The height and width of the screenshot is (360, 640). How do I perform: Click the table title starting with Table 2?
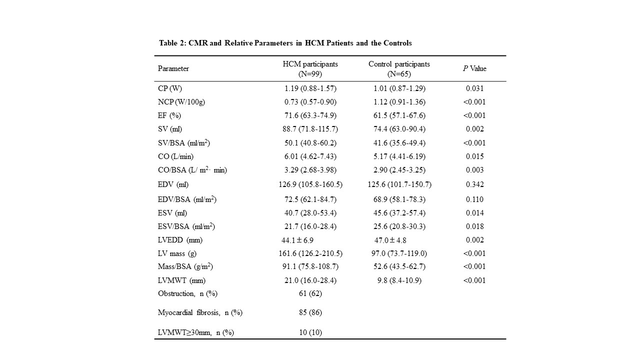tap(285, 43)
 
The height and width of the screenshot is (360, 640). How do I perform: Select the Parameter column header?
tap(173, 68)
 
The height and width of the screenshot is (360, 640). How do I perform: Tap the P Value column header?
tap(474, 68)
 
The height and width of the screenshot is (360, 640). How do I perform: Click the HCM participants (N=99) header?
tap(310, 68)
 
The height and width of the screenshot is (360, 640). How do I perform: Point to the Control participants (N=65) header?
tap(399, 68)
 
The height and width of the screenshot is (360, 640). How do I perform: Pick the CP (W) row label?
tap(170, 88)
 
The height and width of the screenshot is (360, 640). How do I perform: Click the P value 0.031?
tap(474, 88)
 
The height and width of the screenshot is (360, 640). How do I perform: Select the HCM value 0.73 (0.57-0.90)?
tap(310, 102)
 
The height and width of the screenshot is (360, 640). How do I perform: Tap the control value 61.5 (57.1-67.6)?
tap(399, 115)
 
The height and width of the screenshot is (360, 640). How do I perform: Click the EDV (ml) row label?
tap(173, 184)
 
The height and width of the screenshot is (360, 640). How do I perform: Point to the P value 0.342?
tap(474, 184)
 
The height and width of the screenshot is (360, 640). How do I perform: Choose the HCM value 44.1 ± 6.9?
tap(297, 240)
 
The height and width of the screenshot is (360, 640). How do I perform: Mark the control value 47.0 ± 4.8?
tap(390, 240)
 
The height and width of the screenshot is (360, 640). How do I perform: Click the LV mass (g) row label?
tap(177, 253)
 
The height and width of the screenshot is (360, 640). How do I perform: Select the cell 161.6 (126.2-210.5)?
tap(310, 253)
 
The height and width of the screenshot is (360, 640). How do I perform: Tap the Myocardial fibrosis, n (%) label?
tap(200, 312)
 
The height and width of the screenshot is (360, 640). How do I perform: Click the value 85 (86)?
tap(310, 312)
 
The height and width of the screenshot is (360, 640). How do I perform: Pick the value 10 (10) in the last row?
tap(310, 332)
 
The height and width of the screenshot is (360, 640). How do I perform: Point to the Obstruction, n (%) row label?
tap(187, 293)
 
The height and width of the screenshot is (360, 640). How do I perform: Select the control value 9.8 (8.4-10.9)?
tap(399, 280)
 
